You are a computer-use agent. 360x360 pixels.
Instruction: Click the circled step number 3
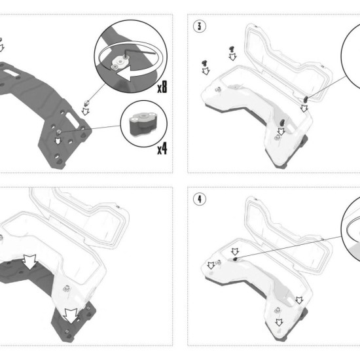point(199,26)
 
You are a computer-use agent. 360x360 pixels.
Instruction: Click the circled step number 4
point(199,199)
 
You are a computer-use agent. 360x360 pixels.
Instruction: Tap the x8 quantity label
point(162,87)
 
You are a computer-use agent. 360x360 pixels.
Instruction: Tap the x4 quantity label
point(162,149)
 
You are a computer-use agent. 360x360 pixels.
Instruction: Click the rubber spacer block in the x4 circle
point(142,124)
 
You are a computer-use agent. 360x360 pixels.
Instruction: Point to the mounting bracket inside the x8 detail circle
point(120,63)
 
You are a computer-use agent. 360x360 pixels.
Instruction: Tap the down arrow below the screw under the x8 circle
point(86,111)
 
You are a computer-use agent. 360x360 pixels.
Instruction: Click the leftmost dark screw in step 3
point(204,63)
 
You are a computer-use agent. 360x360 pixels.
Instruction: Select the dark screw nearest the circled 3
point(232,48)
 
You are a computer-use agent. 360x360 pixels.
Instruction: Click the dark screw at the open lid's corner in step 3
point(306,99)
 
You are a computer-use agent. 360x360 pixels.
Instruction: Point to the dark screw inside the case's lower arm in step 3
point(281,123)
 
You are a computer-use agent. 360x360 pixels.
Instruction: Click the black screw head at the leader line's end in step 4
point(235,259)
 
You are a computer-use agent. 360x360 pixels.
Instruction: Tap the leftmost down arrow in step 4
point(211,266)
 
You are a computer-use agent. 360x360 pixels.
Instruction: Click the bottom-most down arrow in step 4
point(279,322)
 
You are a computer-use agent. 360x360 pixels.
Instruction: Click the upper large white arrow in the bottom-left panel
point(30,262)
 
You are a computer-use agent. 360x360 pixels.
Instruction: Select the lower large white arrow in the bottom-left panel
point(71,316)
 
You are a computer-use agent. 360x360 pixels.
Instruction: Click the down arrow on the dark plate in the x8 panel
point(58,141)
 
